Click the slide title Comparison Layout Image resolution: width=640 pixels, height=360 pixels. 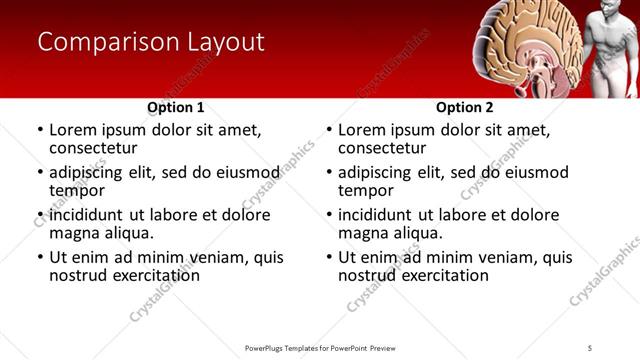[x=151, y=42]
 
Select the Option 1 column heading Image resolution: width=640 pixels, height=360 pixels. [x=176, y=107]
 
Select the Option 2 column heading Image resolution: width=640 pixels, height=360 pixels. [x=465, y=107]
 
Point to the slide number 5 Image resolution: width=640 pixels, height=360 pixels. [x=590, y=347]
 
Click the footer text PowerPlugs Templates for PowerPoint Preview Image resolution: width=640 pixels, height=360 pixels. [x=320, y=347]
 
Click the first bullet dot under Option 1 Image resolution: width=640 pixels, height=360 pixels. [x=40, y=131]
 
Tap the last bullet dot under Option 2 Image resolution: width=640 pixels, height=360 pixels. [x=329, y=258]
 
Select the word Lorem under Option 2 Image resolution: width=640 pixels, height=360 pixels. [x=361, y=130]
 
